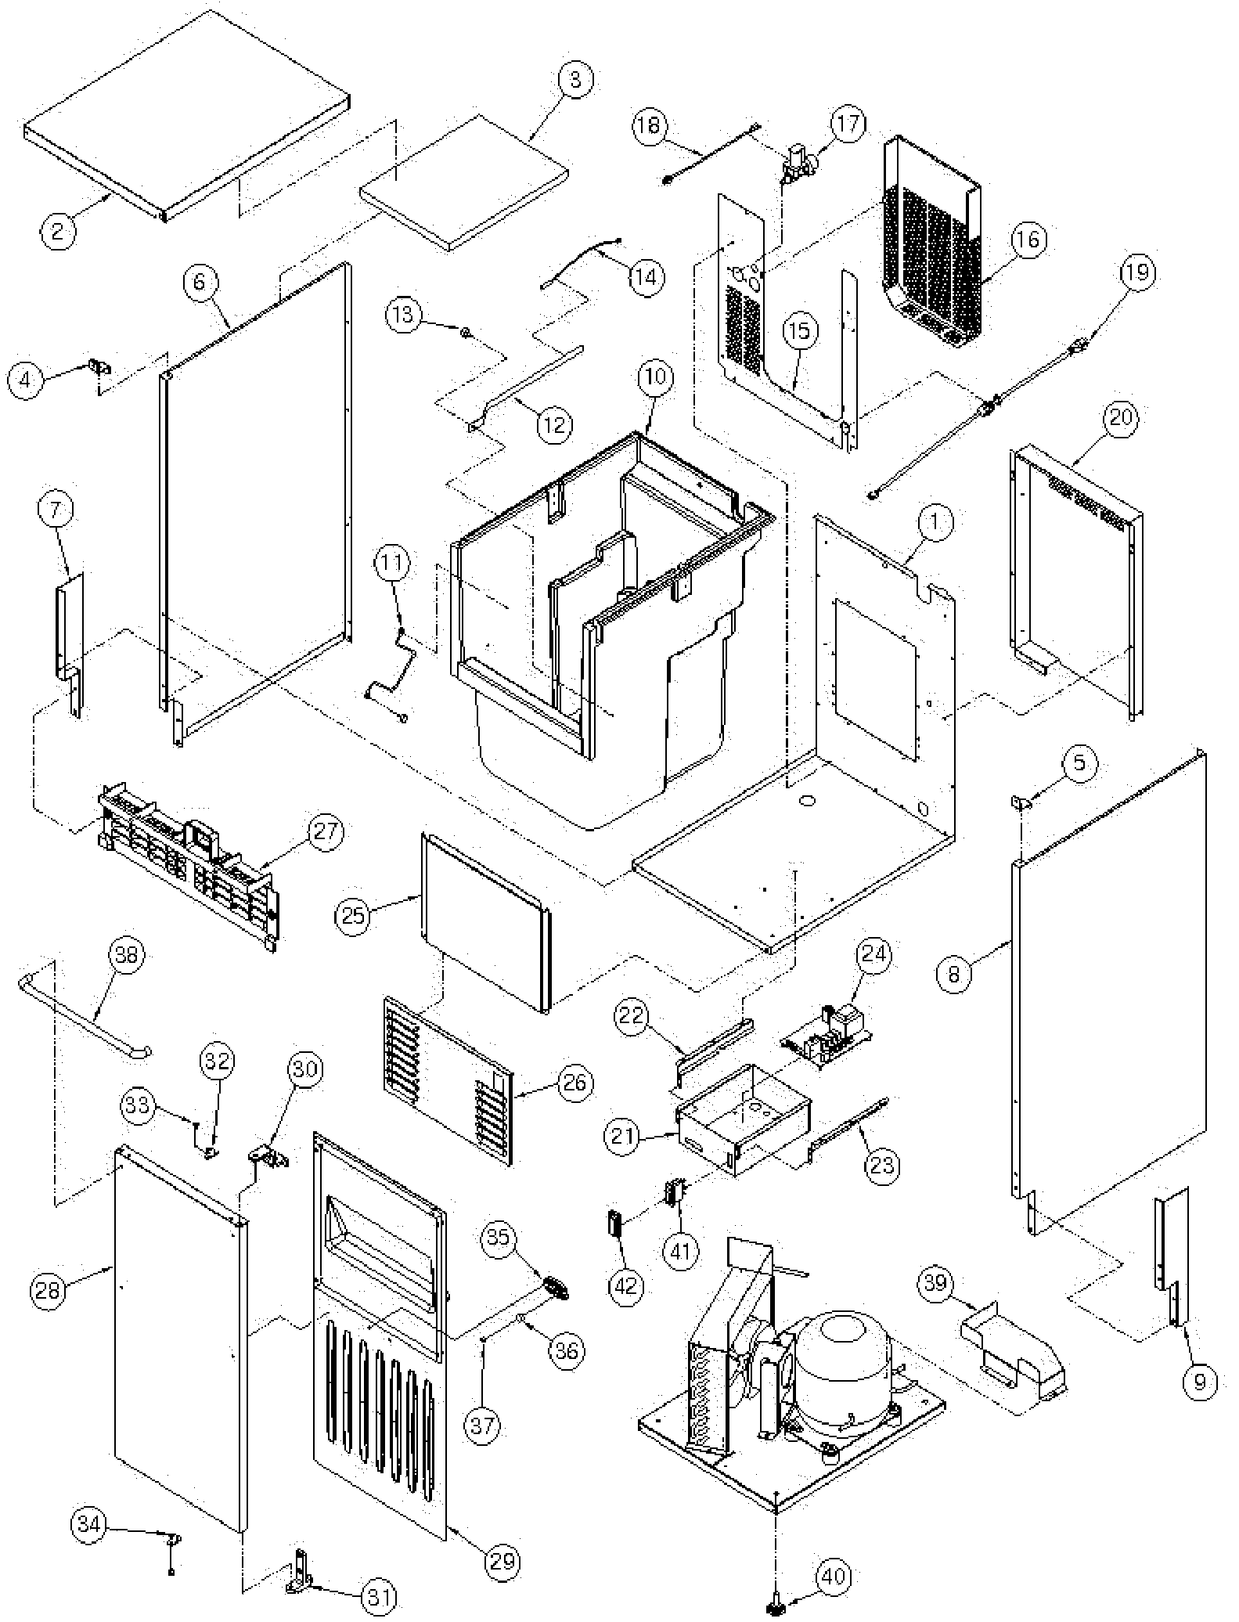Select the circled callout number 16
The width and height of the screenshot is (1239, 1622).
click(x=1028, y=239)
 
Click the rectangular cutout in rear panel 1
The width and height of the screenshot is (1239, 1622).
click(x=875, y=679)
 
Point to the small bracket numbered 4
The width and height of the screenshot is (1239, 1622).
click(x=99, y=366)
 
